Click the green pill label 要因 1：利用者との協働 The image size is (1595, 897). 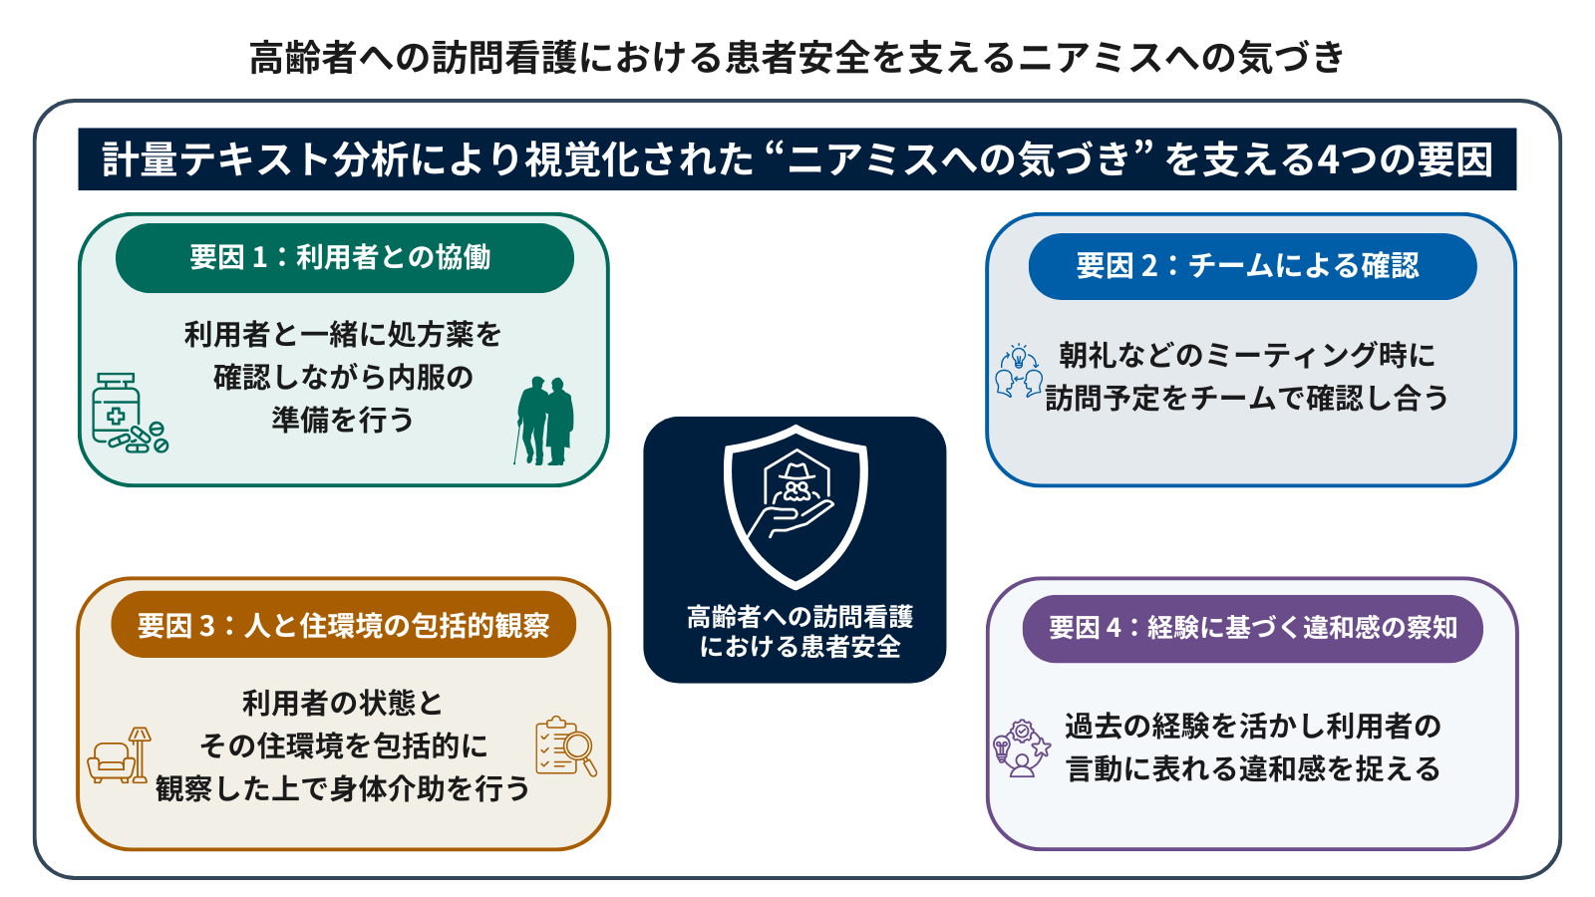point(345,258)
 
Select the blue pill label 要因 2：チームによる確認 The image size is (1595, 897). point(1252,266)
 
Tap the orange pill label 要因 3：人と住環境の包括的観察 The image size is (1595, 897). point(343,625)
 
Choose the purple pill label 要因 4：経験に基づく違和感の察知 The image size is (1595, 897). point(1252,628)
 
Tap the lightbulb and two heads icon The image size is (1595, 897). point(1019,370)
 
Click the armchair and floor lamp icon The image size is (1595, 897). point(119,754)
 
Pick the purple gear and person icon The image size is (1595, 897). point(1022,747)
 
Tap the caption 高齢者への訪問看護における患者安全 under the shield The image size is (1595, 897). point(799,632)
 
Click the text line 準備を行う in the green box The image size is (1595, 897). point(343,420)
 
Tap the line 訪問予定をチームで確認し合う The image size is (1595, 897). point(1247,398)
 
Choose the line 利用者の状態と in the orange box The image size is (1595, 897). point(343,704)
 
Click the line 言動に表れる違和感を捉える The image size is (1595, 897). point(1253,768)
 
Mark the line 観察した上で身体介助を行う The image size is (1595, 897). point(343,788)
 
